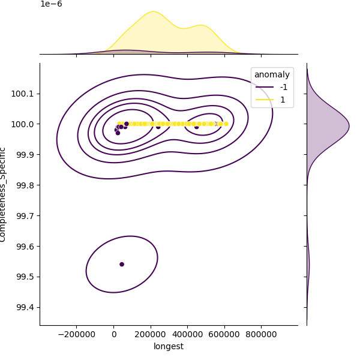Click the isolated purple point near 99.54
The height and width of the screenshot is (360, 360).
pos(122,264)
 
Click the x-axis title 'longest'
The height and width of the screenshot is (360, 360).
pos(169,346)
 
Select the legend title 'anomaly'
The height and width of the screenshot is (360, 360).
pos(272,75)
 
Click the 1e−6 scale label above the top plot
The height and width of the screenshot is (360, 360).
pos(51,4)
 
